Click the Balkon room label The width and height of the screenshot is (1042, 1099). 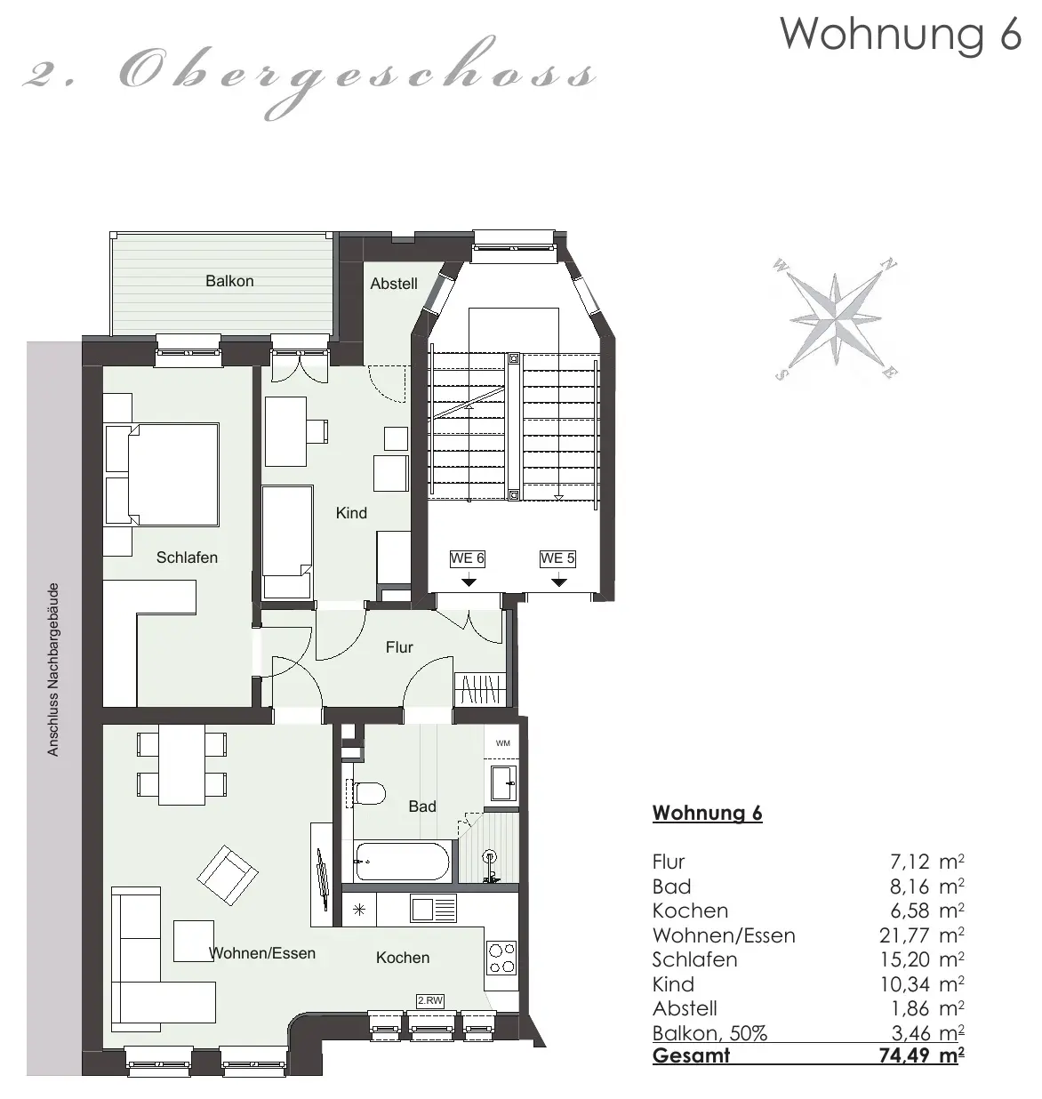[229, 281]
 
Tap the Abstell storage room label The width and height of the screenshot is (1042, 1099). [394, 284]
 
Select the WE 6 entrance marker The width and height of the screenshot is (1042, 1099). [468, 558]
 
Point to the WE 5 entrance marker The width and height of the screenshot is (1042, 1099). [557, 558]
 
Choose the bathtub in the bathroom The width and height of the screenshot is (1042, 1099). [401, 862]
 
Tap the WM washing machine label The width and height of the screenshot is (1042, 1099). [502, 743]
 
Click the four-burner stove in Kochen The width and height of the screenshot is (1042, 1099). [501, 959]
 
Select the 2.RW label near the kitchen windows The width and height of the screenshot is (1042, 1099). [430, 1000]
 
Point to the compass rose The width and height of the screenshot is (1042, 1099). [835, 319]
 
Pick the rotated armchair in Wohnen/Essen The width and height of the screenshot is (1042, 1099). [227, 875]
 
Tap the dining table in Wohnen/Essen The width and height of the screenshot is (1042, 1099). [181, 764]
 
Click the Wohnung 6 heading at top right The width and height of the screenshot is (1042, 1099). [901, 34]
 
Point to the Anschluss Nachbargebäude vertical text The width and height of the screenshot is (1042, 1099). [53, 670]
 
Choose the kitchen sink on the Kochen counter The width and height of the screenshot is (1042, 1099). [433, 907]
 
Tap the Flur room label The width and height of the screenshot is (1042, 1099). [399, 646]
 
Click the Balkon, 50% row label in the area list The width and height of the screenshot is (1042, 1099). [709, 1033]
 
